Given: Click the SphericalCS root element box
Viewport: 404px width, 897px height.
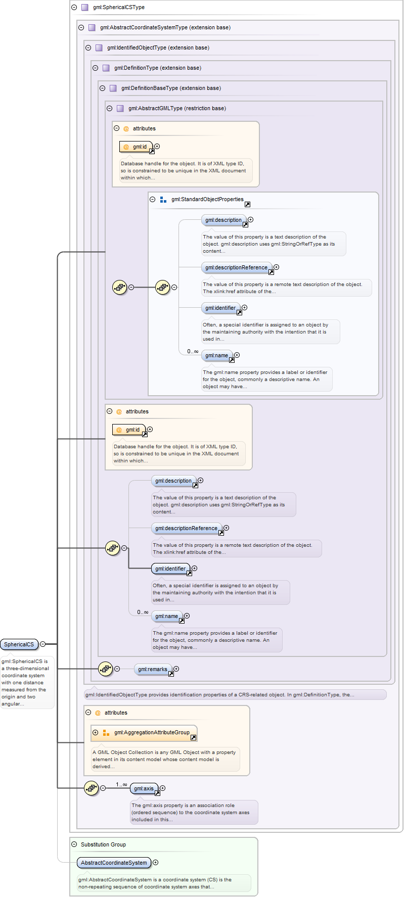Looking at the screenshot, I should (19, 644).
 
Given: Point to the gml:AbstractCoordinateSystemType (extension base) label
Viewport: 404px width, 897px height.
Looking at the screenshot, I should (165, 28).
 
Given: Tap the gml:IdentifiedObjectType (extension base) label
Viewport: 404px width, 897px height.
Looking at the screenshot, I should (158, 48).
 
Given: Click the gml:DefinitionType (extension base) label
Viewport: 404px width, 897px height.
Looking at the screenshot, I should (157, 68).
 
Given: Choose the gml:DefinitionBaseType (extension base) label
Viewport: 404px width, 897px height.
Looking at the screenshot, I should (170, 88).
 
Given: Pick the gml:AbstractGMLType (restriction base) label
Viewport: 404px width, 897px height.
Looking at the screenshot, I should (176, 109).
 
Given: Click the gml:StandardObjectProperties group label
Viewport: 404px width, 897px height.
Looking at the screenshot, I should (207, 200).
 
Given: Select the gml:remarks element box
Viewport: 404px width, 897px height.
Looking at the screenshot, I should (152, 669).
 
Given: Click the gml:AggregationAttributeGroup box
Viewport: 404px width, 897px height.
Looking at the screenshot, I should (151, 732).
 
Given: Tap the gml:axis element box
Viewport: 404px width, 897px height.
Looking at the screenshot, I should (144, 788).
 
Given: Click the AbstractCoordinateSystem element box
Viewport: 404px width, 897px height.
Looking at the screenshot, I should (114, 863).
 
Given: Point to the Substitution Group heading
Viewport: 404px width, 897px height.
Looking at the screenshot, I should (103, 844).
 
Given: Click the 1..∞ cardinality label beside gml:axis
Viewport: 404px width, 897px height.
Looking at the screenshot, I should (121, 784).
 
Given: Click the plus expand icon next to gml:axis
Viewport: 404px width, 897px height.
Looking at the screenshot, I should (162, 788).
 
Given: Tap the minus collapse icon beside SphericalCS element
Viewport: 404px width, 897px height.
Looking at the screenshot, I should (43, 644).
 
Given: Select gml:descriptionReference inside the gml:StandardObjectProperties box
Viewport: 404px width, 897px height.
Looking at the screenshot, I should (236, 267).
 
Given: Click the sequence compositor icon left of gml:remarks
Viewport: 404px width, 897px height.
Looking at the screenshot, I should (105, 669).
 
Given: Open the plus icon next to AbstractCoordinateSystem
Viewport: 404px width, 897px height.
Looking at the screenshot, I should (155, 863).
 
